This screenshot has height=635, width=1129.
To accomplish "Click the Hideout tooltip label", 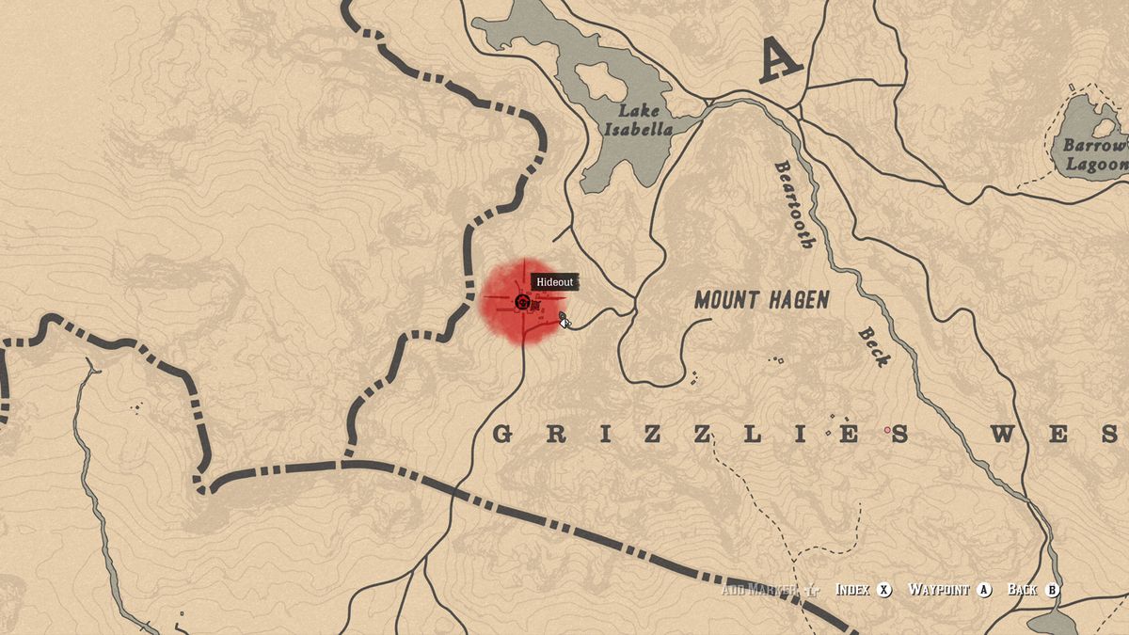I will tap(553, 282).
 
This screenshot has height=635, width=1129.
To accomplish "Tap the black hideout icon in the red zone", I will tap(522, 302).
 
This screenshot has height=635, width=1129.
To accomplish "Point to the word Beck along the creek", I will tap(872, 346).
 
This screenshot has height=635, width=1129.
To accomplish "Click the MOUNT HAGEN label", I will tap(762, 300).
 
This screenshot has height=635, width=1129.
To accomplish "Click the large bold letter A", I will tap(781, 61).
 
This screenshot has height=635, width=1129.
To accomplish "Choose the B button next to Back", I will tap(1052, 590).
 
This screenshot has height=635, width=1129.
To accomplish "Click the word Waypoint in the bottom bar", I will tap(938, 590).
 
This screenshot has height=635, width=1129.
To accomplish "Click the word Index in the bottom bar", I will tap(852, 590).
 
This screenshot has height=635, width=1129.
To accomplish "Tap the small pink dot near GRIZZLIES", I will tap(886, 430).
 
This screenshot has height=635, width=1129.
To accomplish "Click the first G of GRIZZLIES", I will tap(502, 435).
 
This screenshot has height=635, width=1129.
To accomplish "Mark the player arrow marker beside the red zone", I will tap(564, 320).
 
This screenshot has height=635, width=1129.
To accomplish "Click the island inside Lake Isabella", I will tap(594, 80).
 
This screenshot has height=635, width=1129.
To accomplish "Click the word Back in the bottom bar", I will tap(1021, 590).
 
